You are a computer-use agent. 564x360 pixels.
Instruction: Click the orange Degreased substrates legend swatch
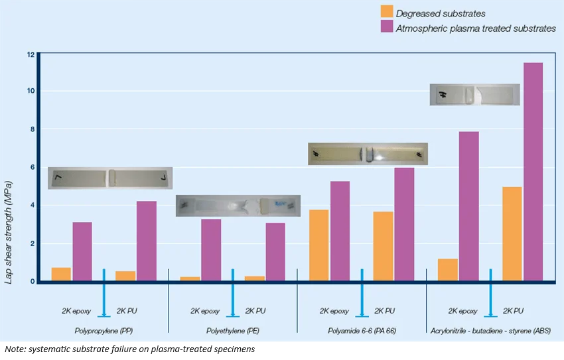click(x=387, y=13)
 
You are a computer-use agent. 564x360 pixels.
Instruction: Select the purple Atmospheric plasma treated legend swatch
click(x=387, y=28)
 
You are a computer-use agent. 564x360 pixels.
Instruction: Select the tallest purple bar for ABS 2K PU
click(x=533, y=172)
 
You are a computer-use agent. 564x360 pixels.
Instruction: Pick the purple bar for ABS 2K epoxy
click(x=468, y=206)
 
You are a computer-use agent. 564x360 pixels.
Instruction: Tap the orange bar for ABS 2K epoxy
click(x=447, y=270)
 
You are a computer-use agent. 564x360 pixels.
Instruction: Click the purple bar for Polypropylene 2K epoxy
click(x=82, y=251)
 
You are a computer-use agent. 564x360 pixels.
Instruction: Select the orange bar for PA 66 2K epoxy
click(x=318, y=245)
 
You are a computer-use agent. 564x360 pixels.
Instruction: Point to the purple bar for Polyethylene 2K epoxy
click(x=211, y=250)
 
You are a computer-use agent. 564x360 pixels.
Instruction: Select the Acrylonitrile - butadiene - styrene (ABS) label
click(x=490, y=330)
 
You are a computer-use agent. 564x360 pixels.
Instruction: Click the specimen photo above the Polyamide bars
click(x=368, y=154)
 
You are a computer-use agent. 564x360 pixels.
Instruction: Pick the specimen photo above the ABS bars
click(x=474, y=95)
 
